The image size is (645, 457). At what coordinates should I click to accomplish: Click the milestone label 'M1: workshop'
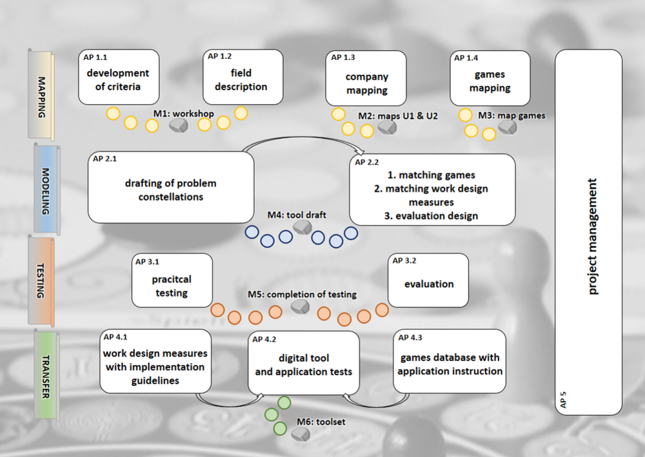[183, 114]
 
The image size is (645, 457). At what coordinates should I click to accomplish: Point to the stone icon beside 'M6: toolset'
[300, 435]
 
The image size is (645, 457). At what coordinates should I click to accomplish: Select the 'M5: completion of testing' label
[302, 295]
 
